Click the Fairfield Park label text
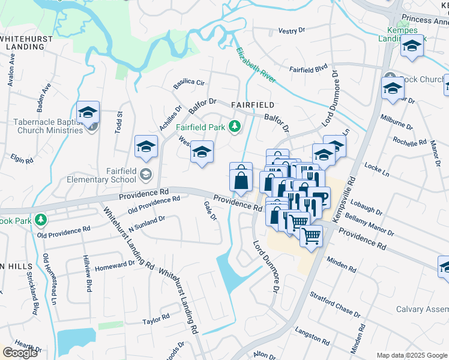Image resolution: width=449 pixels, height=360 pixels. (x=200, y=127)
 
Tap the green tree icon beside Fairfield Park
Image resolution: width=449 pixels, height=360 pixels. (x=235, y=126)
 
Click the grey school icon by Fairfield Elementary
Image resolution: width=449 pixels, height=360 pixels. (x=145, y=175)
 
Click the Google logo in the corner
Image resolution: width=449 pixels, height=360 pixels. (x=20, y=353)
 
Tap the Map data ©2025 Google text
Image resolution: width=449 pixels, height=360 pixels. (x=412, y=355)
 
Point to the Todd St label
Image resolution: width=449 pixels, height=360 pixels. (x=119, y=122)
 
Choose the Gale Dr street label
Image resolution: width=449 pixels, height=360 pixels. (x=209, y=211)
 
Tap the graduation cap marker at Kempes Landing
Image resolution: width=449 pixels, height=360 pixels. (x=412, y=46)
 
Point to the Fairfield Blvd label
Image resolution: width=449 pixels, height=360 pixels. (x=308, y=69)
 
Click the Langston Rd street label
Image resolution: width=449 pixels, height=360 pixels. (x=312, y=335)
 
